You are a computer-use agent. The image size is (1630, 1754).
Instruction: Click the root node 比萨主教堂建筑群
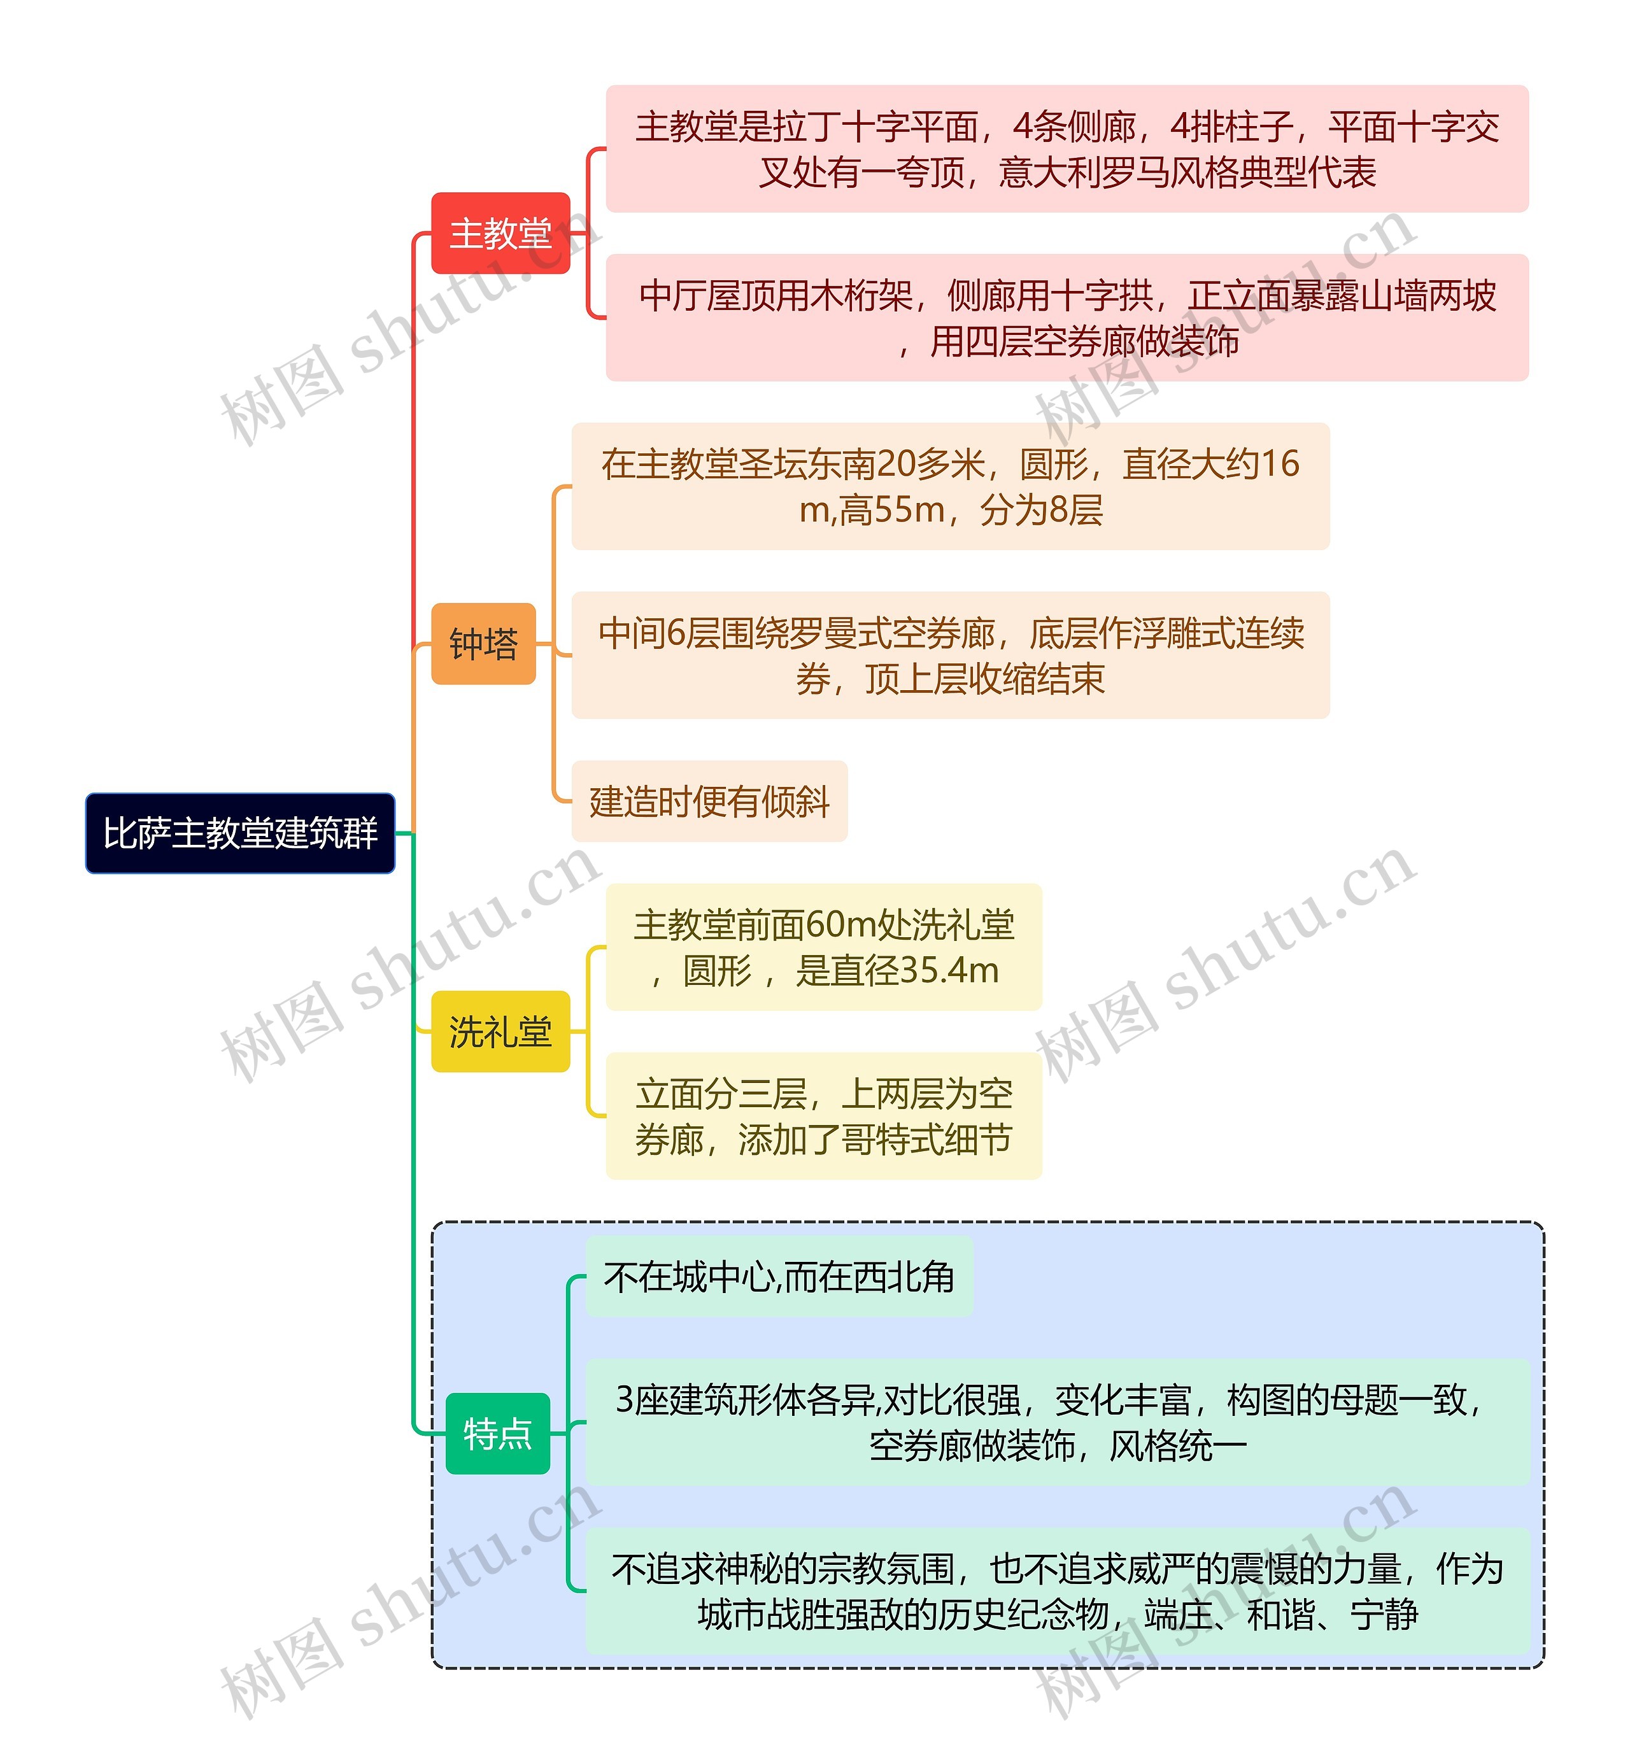(x=240, y=833)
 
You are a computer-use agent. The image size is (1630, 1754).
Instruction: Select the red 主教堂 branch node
(x=500, y=234)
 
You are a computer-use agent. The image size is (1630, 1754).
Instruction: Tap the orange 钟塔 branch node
(x=483, y=644)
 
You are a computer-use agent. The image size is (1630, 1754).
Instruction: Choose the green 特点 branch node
(x=497, y=1434)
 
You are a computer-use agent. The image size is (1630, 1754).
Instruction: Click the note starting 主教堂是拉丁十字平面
(x=1067, y=149)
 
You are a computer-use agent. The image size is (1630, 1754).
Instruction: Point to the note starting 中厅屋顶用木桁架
(x=1067, y=318)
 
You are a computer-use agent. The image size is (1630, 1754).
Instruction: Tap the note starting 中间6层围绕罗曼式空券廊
(x=950, y=655)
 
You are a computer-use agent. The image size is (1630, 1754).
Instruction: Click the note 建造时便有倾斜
(x=709, y=801)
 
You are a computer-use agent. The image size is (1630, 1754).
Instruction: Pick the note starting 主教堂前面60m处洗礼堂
(x=824, y=947)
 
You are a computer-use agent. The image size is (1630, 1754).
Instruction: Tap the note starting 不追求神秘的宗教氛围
(x=1057, y=1591)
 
